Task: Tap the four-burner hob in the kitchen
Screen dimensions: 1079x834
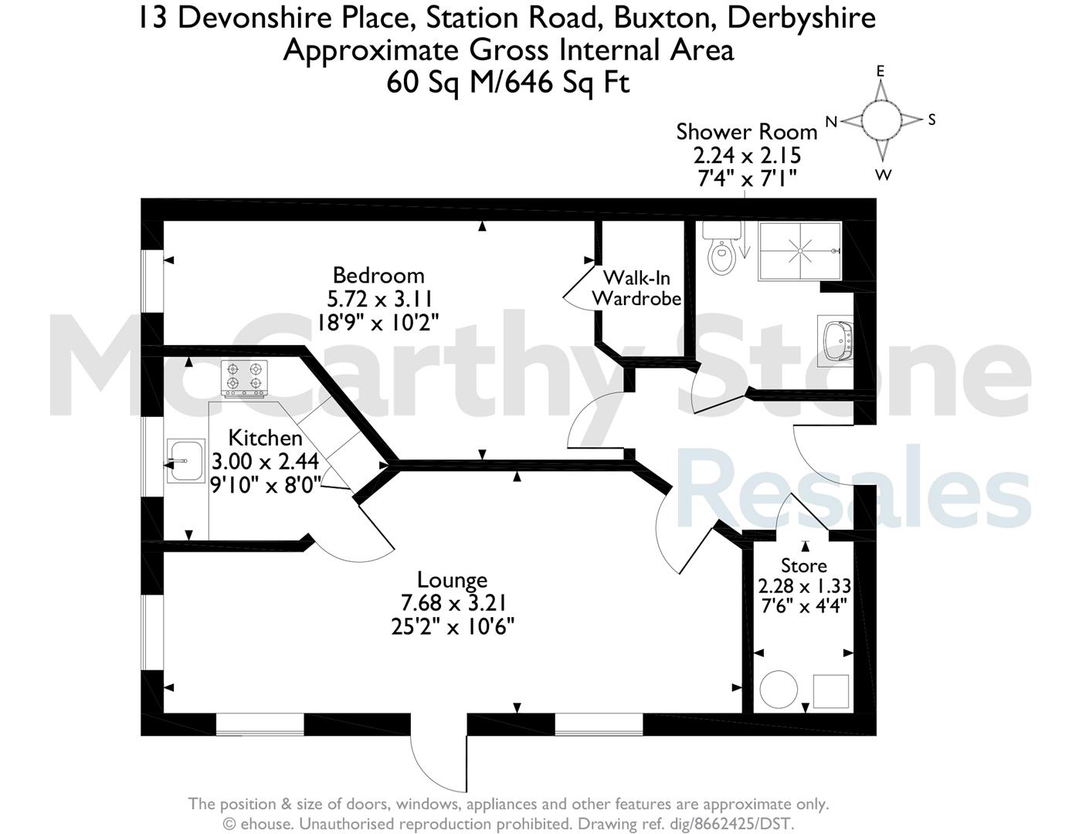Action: click(244, 378)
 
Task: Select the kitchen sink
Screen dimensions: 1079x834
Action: click(185, 460)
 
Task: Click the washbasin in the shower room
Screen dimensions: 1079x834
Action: click(836, 341)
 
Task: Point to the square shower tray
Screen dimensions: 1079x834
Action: click(800, 251)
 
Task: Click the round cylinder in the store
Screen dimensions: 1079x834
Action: click(779, 690)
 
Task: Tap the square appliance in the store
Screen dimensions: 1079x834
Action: click(831, 691)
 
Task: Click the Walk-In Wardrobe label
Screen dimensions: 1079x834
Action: click(636, 288)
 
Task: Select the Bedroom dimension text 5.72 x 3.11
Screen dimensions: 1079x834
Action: click(379, 300)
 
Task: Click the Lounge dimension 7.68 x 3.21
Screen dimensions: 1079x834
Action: click(453, 603)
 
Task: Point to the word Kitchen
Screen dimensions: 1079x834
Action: click(265, 438)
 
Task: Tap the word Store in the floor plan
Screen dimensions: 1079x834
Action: click(804, 565)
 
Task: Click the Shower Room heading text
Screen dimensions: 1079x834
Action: click(747, 132)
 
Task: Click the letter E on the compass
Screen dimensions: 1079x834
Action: click(881, 72)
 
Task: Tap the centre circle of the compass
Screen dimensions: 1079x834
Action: click(881, 120)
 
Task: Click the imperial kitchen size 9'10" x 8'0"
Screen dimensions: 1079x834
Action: click(266, 485)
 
